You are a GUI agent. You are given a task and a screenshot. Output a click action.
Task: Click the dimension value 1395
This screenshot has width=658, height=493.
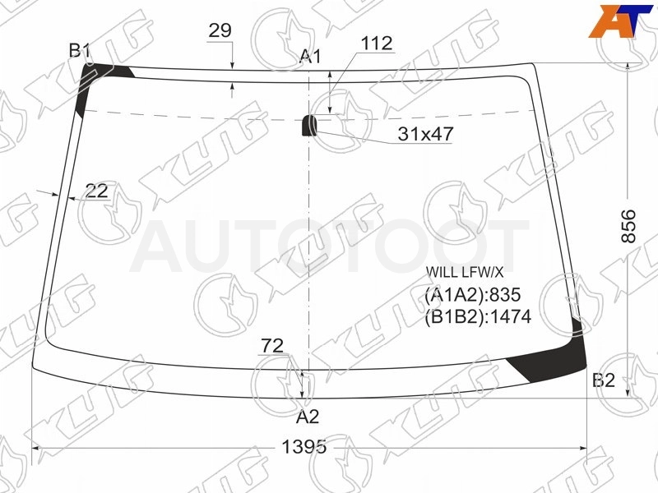point(304,447)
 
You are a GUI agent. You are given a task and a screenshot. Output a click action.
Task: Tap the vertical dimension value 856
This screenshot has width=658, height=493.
point(628,227)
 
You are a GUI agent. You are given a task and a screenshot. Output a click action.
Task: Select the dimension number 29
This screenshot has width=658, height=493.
point(220,30)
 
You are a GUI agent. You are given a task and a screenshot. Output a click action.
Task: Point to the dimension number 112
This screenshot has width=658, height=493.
point(377,44)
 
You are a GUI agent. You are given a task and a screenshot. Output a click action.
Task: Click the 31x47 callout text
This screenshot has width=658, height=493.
point(425,134)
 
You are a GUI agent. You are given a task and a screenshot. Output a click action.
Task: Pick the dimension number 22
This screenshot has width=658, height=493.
point(96,191)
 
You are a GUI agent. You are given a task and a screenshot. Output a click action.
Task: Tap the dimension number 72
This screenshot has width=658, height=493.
point(272,346)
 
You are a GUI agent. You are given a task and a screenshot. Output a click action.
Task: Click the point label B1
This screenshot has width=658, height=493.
point(80,51)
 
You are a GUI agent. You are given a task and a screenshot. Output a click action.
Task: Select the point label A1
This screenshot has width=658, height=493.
point(310,56)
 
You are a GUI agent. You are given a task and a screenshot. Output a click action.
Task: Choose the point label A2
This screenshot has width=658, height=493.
point(308,417)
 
